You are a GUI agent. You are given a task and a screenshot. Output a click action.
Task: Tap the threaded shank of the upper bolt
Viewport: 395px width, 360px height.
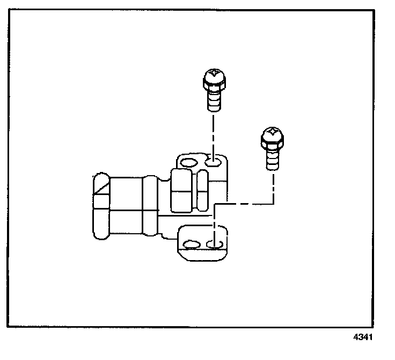tap(214, 100)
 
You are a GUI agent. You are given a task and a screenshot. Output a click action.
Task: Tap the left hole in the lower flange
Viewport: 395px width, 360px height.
tap(191, 245)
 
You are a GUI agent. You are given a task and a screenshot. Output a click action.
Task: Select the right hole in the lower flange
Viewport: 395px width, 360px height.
tap(215, 244)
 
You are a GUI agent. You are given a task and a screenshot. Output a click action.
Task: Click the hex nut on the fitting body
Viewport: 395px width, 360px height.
tap(181, 191)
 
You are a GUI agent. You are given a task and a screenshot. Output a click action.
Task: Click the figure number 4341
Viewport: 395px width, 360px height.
tap(362, 338)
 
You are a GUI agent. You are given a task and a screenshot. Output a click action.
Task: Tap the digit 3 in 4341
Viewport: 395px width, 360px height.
tap(360, 338)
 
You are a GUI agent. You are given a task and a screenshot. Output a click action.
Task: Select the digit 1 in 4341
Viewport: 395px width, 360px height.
tap(369, 338)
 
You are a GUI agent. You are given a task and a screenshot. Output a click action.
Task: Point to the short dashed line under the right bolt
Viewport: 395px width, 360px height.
tap(273, 185)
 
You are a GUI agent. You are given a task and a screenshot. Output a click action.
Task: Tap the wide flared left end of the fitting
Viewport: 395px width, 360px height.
tap(101, 207)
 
